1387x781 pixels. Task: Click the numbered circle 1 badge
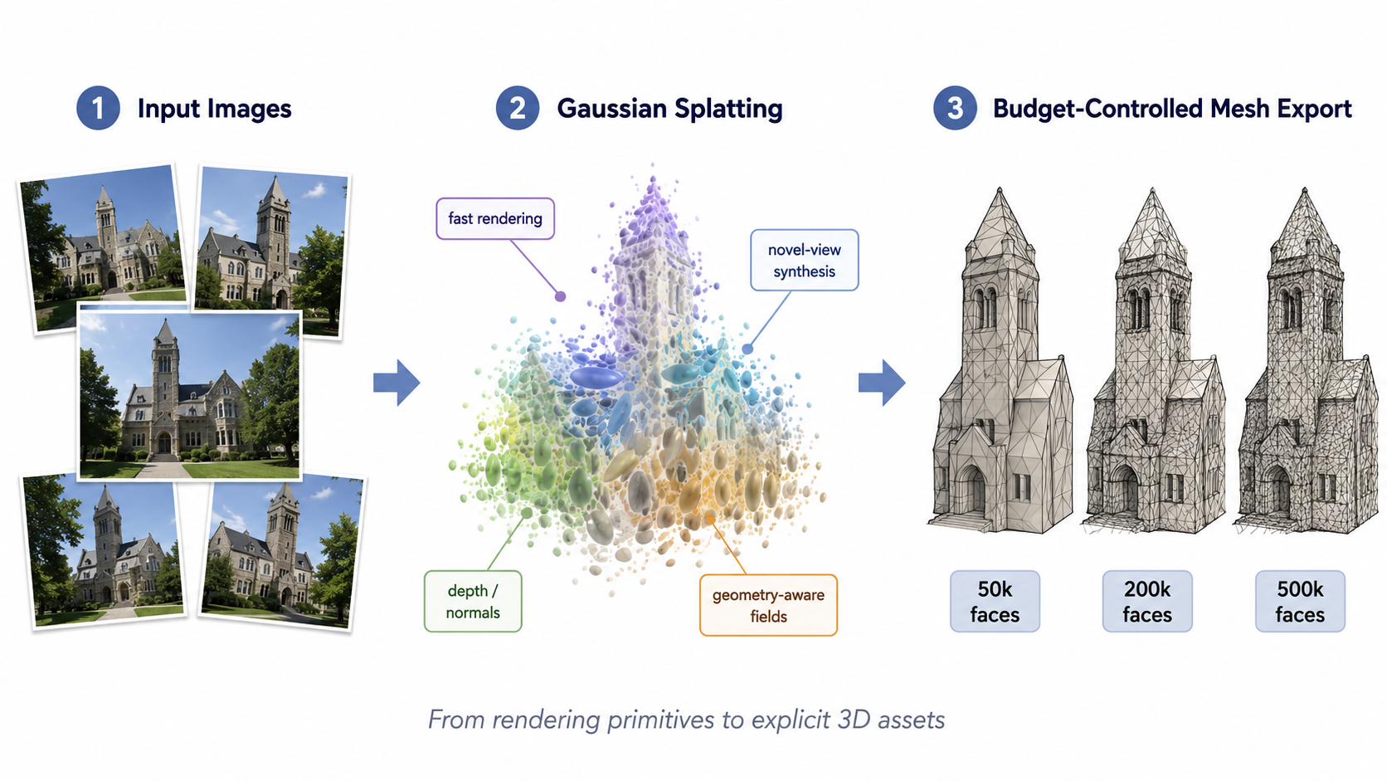pos(98,108)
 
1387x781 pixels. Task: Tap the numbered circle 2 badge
pos(517,108)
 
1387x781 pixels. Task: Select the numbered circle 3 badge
pos(955,108)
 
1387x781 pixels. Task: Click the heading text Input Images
pos(214,109)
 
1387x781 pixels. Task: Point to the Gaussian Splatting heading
pos(669,109)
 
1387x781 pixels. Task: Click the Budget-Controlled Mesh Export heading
pos(1172,109)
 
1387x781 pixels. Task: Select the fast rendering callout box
pos(495,218)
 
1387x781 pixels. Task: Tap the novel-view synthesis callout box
pos(805,260)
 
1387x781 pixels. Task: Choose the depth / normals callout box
pos(473,602)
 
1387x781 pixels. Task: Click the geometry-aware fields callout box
pos(768,605)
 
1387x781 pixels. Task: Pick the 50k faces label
pos(995,602)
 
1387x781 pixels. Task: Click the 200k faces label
pos(1147,602)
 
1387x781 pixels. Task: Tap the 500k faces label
pos(1301,602)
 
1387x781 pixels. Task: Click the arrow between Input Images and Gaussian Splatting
pos(397,383)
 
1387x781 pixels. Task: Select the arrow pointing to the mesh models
pos(882,383)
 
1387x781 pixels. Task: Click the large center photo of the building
pos(190,395)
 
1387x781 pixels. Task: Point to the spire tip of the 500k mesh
pos(1305,189)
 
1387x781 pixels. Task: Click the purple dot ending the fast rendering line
pos(561,296)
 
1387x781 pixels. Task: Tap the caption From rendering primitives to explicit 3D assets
pos(687,720)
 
